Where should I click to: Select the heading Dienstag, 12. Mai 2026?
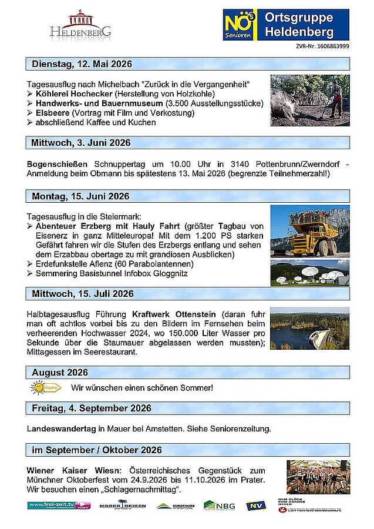coord(82,63)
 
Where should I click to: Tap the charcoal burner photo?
coord(309,101)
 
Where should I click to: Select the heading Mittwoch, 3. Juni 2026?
coord(81,142)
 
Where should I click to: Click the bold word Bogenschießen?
coord(58,163)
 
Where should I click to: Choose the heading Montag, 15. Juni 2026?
coord(80,196)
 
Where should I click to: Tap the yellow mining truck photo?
coord(309,231)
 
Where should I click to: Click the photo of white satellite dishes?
coord(309,273)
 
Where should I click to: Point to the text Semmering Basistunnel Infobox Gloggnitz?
coord(112,274)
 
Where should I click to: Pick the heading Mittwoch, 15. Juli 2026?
coord(83,293)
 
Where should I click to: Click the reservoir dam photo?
coord(309,328)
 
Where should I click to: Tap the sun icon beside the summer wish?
coord(45,388)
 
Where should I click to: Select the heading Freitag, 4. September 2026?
coord(92,408)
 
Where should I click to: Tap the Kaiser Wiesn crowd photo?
coord(318,477)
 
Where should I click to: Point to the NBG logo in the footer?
coord(219,505)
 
